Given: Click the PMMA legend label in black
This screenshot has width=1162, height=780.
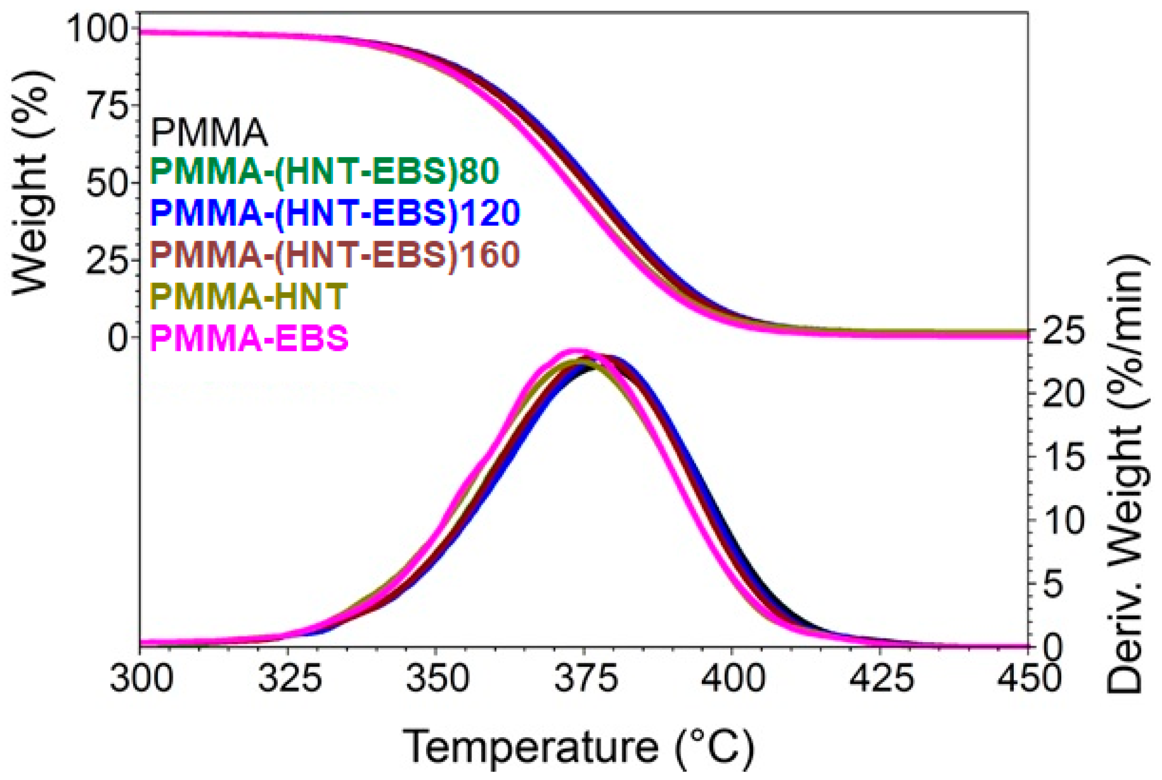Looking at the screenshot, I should coord(209,133).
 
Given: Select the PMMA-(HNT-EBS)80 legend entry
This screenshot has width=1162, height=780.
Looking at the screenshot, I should coord(325,171).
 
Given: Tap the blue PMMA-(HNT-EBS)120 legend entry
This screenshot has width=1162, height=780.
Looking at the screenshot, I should coord(335,213).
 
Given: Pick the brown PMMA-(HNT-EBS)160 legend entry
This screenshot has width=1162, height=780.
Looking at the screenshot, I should coord(335,255).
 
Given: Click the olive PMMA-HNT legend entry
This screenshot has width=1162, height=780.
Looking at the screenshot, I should coord(248,297).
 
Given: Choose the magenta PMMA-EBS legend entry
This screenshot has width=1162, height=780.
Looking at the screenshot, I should coord(249,338).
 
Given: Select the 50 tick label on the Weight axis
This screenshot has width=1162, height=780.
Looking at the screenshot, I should coord(107,183).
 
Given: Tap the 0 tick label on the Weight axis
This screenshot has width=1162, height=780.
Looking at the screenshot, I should coord(118,338).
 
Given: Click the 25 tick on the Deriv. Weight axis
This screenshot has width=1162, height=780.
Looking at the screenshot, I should coord(1063,331).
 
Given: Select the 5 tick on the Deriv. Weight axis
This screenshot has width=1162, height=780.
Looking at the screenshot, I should coord(1054,584).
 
